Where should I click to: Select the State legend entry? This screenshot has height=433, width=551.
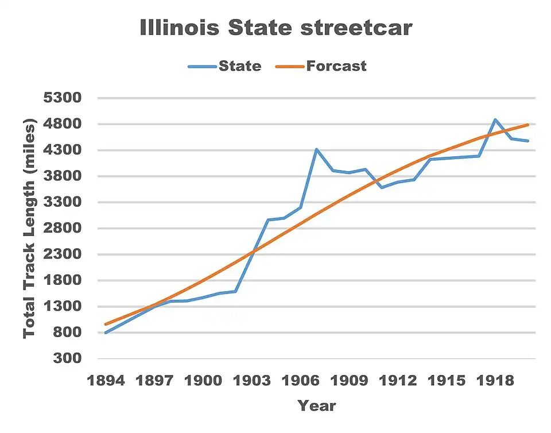tap(239, 66)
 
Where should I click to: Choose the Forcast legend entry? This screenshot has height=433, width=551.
tap(336, 66)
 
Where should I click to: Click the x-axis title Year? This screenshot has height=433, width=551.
tap(316, 406)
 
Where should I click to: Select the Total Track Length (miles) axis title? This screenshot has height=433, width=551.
tap(29, 228)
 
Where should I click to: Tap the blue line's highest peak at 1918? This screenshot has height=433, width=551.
tap(495, 119)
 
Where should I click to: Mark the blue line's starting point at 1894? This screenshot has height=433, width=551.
tap(106, 333)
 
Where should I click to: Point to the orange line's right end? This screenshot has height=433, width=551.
tap(527, 125)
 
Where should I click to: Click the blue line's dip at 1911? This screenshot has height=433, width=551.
tap(382, 187)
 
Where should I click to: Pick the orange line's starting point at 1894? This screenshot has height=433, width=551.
tap(106, 324)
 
